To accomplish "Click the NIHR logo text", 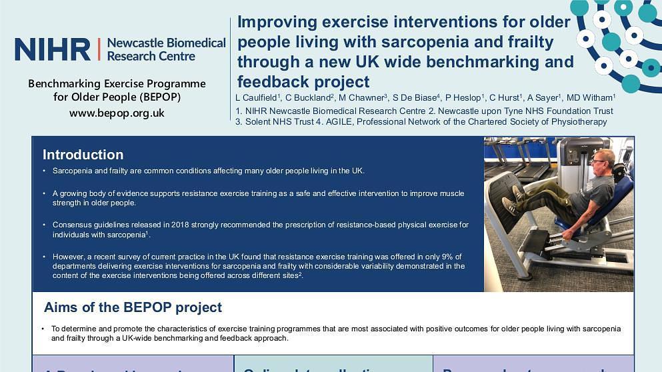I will (52, 49).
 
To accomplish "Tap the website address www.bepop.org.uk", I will (117, 113).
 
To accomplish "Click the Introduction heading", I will (83, 155).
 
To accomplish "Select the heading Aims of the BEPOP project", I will (133, 307).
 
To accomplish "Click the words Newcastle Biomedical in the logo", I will (166, 43).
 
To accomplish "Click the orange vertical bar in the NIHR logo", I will (99, 49).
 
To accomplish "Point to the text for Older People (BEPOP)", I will (117, 97).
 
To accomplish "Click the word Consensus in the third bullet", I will (72, 225).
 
